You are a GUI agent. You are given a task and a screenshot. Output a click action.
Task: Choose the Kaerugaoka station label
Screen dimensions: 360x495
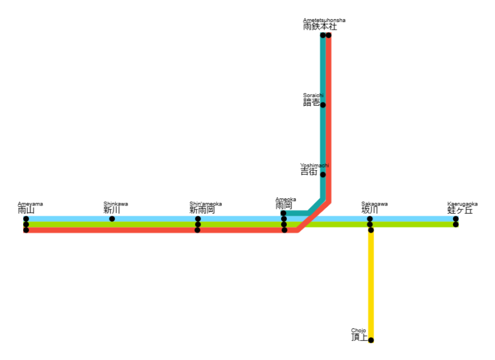click(461, 208)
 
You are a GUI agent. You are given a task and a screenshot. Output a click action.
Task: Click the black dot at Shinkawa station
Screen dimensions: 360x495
click(112, 219)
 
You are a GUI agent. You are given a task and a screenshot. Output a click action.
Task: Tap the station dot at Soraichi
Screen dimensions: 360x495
click(323, 105)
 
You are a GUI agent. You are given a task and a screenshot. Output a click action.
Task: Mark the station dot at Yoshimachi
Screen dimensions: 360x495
click(323, 175)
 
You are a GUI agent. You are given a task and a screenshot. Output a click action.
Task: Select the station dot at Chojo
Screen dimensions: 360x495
click(371, 340)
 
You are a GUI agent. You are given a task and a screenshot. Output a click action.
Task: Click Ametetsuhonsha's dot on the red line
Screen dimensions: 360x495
click(329, 35)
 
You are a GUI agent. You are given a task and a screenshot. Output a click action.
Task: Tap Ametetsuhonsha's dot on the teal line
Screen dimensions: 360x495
click(323, 35)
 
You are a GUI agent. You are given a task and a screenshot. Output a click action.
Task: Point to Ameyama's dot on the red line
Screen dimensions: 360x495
click(26, 230)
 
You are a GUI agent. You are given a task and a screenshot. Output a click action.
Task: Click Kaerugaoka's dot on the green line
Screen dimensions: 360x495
click(456, 224)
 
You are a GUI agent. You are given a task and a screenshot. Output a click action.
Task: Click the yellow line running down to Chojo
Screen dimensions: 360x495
click(371, 283)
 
